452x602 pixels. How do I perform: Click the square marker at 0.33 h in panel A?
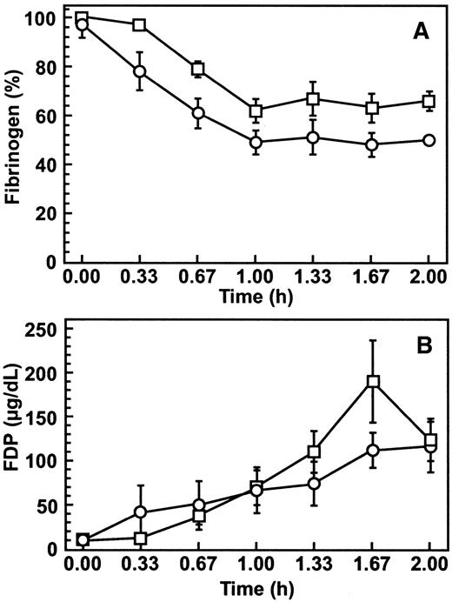pos(140,24)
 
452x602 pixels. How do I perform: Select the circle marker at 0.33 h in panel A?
pos(140,71)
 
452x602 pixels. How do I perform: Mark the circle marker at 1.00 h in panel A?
pos(256,142)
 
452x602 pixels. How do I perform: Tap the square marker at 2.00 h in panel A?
pos(429,102)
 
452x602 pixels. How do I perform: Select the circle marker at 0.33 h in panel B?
pos(140,512)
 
